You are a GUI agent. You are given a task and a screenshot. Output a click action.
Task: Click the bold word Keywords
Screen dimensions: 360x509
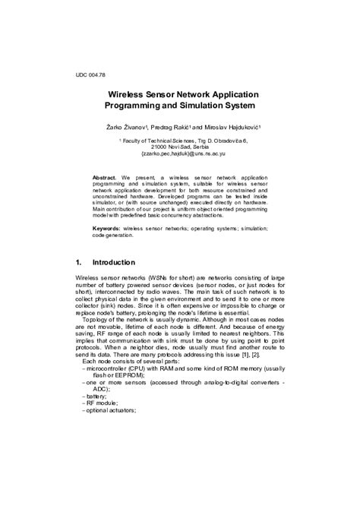[107, 228]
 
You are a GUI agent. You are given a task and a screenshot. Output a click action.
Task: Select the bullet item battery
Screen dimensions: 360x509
[95, 396]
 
